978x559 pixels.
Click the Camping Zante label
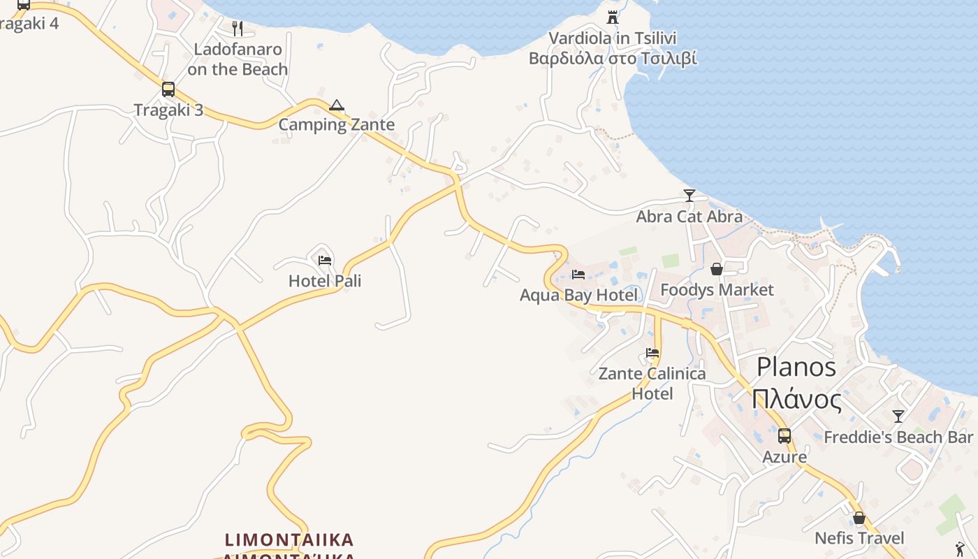(337, 125)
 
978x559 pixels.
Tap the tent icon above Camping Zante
(337, 106)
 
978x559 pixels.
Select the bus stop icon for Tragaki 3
(168, 89)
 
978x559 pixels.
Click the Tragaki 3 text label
(168, 110)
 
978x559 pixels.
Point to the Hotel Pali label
(325, 281)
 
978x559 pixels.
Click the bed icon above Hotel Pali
(325, 261)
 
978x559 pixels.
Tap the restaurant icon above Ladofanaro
(238, 29)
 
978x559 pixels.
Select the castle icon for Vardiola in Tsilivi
(613, 17)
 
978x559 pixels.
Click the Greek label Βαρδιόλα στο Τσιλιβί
(613, 58)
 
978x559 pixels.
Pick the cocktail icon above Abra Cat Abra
(689, 196)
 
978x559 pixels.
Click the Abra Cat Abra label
(689, 217)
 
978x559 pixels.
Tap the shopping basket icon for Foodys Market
(717, 269)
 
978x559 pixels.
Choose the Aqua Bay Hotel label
(579, 295)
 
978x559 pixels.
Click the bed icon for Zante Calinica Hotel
(652, 353)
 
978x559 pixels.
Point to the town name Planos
(796, 367)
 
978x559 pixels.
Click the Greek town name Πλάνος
(796, 400)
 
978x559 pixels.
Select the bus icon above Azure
(784, 436)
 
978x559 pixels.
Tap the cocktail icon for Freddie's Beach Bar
(898, 416)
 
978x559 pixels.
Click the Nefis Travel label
(859, 538)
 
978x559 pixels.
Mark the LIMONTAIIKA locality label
(289, 540)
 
